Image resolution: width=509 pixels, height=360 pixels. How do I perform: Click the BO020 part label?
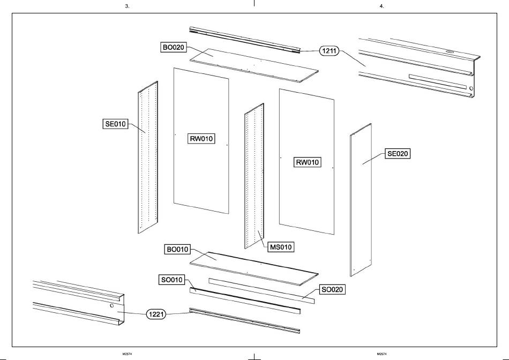pos(174,47)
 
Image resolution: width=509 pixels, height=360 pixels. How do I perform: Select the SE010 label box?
pos(115,124)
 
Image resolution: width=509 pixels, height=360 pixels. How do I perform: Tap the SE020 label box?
pos(398,154)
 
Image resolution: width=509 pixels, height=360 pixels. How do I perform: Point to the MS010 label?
pos(281,247)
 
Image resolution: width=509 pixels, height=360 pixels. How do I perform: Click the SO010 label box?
pos(172,280)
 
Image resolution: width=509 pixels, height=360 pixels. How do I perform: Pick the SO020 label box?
pos(332,289)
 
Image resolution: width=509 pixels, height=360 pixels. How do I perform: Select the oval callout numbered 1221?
pos(159,314)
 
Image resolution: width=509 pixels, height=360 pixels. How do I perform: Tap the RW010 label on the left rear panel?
pos(201,139)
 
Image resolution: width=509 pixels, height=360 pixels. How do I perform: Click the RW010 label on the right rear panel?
pos(308,162)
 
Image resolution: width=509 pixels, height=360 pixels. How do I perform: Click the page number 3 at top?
pos(126,6)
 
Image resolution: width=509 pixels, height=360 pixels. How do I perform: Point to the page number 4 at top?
pos(381,6)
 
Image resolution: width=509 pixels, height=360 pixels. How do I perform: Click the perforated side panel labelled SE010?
pos(148,161)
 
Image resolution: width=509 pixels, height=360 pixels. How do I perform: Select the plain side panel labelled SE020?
pos(362,198)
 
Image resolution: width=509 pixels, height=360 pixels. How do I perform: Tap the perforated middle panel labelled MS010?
pos(254,177)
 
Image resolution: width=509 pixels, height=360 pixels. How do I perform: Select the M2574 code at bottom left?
pos(127,354)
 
